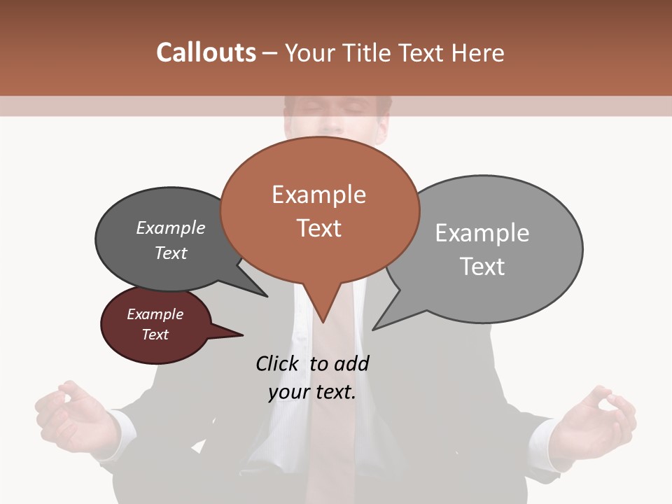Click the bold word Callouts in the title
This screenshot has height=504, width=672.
(x=206, y=52)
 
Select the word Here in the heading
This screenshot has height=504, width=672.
(x=476, y=52)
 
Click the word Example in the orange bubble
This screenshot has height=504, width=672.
(x=318, y=195)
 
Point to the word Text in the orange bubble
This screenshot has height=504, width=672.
(x=318, y=228)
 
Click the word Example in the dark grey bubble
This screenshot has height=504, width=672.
(x=171, y=228)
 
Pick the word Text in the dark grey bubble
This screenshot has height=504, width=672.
(x=171, y=253)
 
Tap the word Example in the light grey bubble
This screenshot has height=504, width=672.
(x=482, y=233)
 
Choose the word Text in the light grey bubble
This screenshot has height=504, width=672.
(x=482, y=267)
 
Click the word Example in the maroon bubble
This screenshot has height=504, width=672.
(x=155, y=314)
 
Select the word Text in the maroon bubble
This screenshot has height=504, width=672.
(x=155, y=335)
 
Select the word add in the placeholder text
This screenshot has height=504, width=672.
(x=351, y=363)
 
